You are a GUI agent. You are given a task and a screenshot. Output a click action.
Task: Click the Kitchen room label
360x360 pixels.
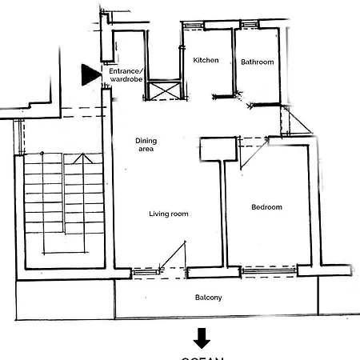tap(206, 61)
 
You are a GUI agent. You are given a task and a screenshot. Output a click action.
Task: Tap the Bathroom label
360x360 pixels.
tap(257, 62)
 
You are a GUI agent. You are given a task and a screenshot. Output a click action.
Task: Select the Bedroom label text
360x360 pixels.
tap(266, 207)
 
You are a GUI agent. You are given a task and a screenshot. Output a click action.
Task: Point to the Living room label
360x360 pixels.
tap(169, 214)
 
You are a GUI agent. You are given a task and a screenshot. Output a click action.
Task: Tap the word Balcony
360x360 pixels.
tap(209, 298)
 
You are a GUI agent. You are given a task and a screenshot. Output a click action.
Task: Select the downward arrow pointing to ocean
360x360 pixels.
tap(202, 336)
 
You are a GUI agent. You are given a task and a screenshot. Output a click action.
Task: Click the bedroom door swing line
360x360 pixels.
tap(252, 153)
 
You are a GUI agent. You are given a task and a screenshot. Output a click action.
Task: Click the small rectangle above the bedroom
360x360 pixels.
tap(218, 149)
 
